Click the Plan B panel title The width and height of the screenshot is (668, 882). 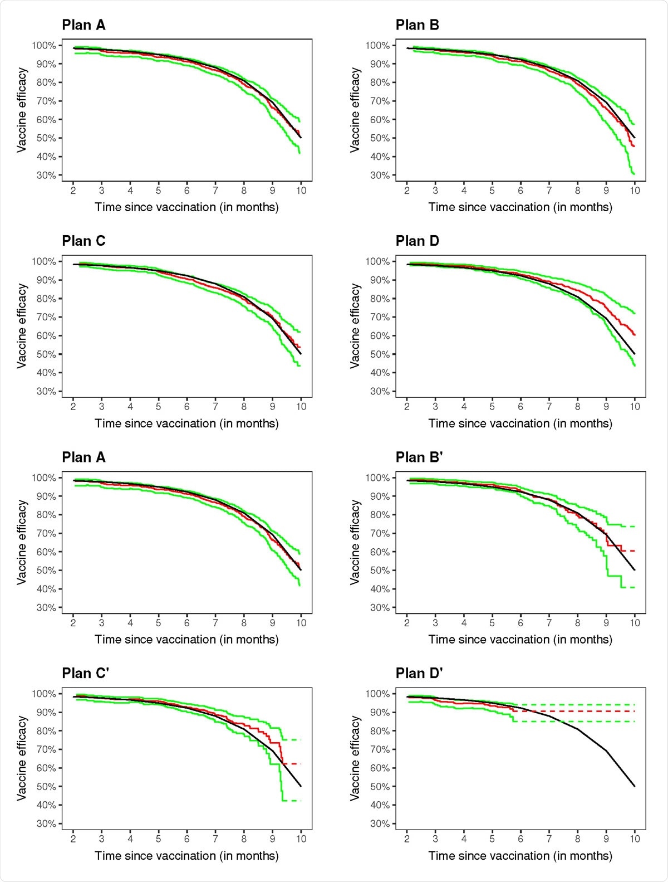[417, 25]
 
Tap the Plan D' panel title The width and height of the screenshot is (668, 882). [419, 674]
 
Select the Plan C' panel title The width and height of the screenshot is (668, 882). [85, 674]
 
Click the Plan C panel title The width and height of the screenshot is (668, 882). [83, 241]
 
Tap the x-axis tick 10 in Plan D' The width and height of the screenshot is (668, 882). [635, 839]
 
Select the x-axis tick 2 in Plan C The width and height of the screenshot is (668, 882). [73, 407]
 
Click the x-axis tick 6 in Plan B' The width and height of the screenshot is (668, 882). [520, 623]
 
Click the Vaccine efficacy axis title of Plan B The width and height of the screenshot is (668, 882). [355, 110]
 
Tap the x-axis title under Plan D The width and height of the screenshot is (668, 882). [520, 423]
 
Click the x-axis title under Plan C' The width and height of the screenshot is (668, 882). [186, 856]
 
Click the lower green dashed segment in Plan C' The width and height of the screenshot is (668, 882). [293, 801]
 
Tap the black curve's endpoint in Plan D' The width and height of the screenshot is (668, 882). [635, 786]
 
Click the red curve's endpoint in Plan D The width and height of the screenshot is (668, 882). [635, 335]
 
